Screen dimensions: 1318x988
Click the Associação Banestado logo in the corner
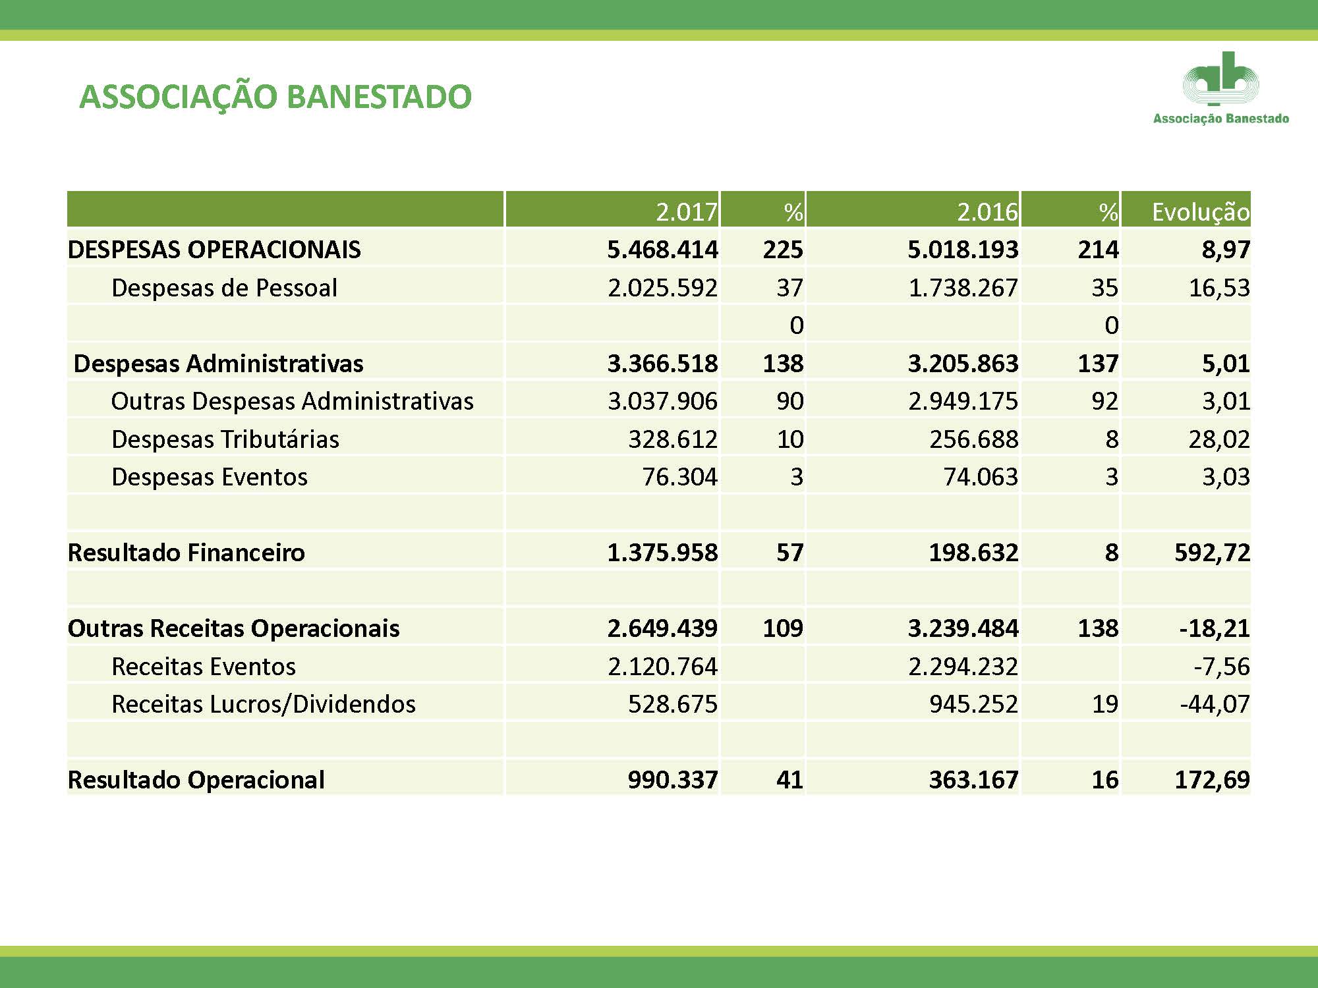pyautogui.click(x=1220, y=88)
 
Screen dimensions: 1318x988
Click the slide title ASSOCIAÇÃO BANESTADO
pyautogui.click(x=275, y=97)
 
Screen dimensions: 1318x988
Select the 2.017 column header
pyautogui.click(x=686, y=211)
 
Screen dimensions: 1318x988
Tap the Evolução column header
pyautogui.click(x=1201, y=212)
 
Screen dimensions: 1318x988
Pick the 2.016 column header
pyautogui.click(x=987, y=211)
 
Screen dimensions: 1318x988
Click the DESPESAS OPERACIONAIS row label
pyautogui.click(x=214, y=250)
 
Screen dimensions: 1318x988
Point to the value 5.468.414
pyautogui.click(x=662, y=250)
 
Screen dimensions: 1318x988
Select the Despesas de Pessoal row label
pyautogui.click(x=225, y=288)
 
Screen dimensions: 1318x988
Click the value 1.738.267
pyautogui.click(x=963, y=288)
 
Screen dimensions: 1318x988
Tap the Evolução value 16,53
pyautogui.click(x=1219, y=288)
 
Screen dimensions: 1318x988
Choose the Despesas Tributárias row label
pyautogui.click(x=225, y=439)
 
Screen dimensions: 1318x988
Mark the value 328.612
pyautogui.click(x=673, y=439)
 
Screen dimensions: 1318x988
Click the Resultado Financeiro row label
pyautogui.click(x=186, y=553)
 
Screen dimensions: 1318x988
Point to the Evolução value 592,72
pyautogui.click(x=1213, y=553)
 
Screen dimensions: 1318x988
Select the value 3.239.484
pyautogui.click(x=963, y=628)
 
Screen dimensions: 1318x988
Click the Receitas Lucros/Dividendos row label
pyautogui.click(x=264, y=704)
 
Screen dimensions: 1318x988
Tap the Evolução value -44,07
pyautogui.click(x=1215, y=704)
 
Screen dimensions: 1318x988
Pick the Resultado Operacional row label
pyautogui.click(x=196, y=780)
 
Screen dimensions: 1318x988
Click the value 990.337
pyautogui.click(x=673, y=780)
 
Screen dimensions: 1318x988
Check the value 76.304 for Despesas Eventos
pyautogui.click(x=680, y=477)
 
